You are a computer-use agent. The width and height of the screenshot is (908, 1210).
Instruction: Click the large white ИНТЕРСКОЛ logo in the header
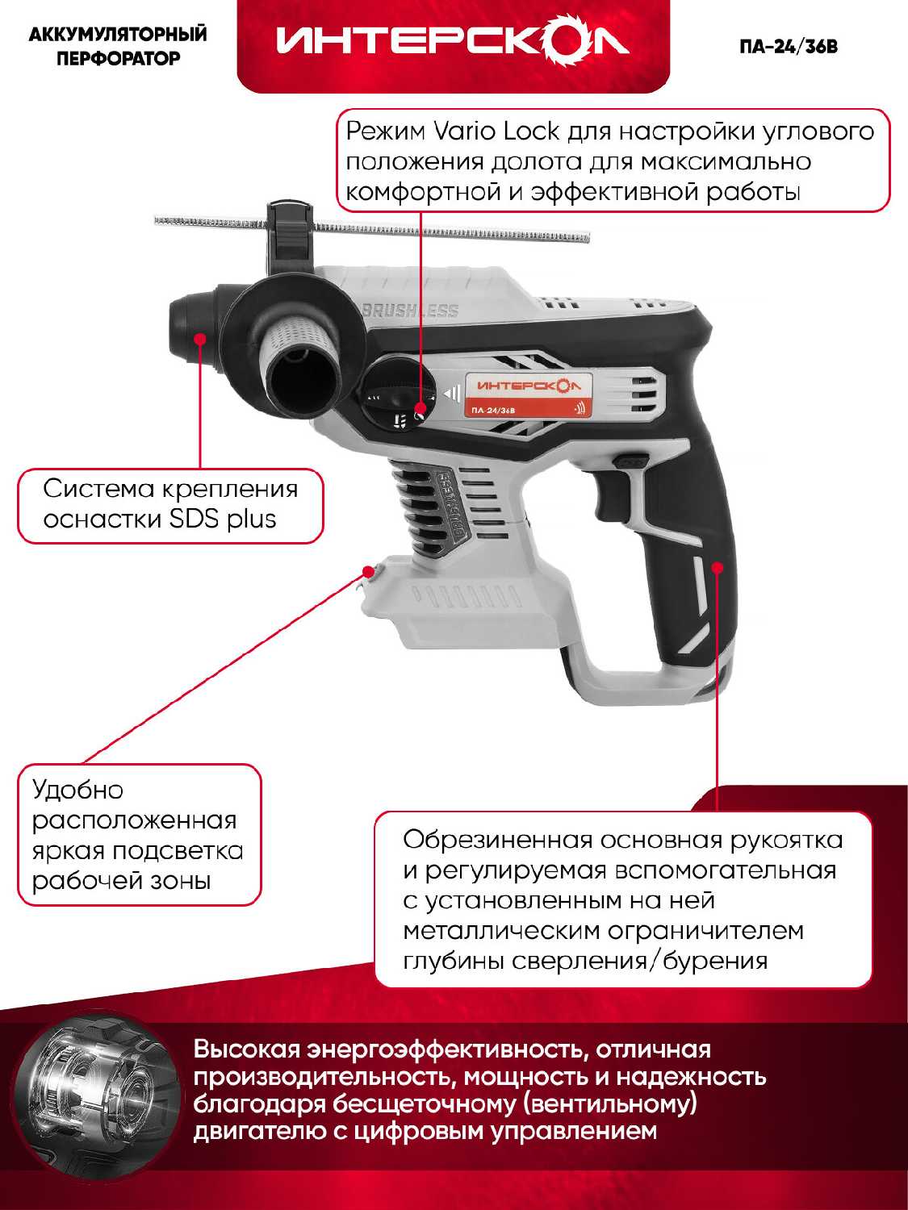click(x=452, y=41)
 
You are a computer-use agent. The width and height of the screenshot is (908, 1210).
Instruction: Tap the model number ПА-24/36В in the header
click(x=789, y=47)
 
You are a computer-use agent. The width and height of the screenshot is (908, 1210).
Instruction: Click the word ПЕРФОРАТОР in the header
click(x=118, y=58)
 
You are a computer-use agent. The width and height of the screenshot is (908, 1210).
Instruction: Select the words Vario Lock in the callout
click(x=496, y=131)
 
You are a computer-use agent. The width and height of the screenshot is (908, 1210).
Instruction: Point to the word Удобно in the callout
click(x=77, y=790)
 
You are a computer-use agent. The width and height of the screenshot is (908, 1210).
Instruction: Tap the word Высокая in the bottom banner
click(x=246, y=1049)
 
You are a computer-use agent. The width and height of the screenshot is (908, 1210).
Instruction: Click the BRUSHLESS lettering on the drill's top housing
click(x=411, y=310)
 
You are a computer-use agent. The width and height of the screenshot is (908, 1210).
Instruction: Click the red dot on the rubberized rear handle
click(x=718, y=567)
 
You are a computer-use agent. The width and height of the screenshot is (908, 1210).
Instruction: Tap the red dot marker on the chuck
click(x=201, y=338)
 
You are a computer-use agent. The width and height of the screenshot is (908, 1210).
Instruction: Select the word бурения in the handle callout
click(x=714, y=961)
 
